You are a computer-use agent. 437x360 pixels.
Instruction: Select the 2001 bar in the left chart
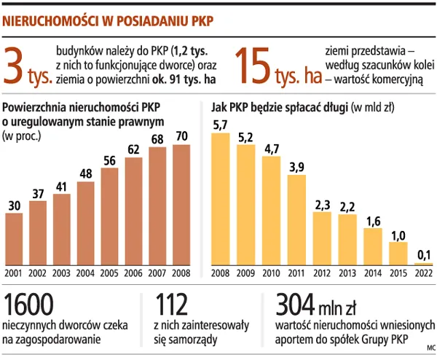15,239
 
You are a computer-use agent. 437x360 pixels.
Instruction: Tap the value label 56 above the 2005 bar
110,161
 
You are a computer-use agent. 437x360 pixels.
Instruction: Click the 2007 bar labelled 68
158,206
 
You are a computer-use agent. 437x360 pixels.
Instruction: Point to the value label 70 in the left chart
182,137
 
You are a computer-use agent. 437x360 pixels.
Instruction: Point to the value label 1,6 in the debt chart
373,221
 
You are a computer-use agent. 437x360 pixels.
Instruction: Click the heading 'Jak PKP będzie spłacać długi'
280,107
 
